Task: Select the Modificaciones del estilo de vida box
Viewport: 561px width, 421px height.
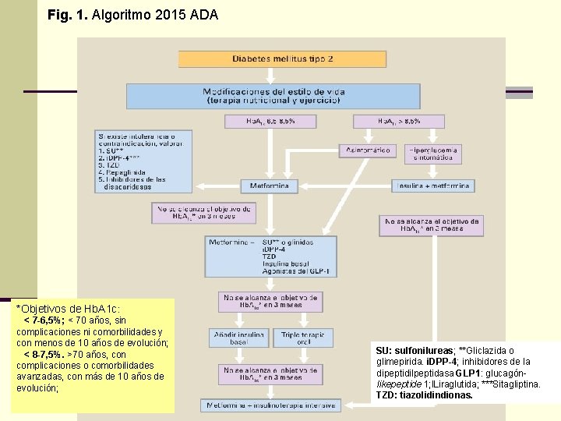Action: [x=273, y=96]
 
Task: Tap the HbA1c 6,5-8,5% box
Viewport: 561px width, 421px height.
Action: [x=270, y=122]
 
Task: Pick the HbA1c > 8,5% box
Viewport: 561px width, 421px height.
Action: [x=398, y=122]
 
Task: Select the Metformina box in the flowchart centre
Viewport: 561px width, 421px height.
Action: [x=270, y=186]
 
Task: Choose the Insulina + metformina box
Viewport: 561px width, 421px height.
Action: [x=432, y=186]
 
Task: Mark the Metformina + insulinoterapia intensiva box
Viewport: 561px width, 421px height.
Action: [x=270, y=405]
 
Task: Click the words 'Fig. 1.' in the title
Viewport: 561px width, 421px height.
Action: [x=67, y=15]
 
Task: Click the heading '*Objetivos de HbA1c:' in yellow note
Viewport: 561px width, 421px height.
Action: [x=69, y=309]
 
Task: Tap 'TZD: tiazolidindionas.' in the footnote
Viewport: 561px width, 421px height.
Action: [x=424, y=395]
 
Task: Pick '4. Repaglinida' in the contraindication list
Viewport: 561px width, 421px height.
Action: [x=123, y=172]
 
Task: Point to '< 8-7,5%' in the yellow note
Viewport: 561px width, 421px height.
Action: [x=44, y=354]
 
